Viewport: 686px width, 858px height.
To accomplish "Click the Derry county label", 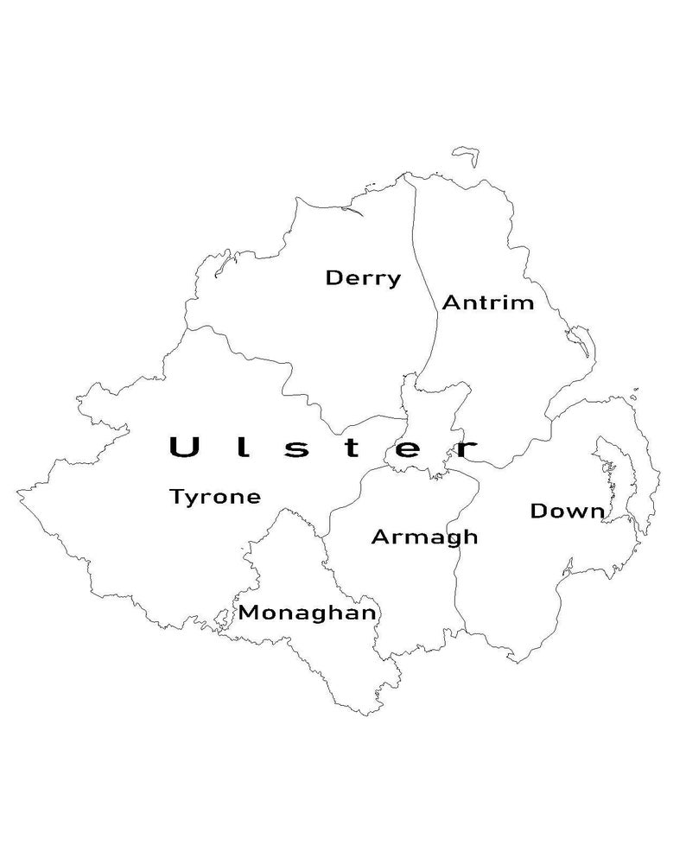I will click(x=363, y=278).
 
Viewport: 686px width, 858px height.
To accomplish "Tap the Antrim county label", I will click(x=488, y=302).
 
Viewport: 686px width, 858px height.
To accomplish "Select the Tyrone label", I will click(x=215, y=497).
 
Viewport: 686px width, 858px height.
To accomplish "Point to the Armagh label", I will click(x=424, y=537).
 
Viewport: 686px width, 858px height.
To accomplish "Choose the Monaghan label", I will click(x=308, y=613).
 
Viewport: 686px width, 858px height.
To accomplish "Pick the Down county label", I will click(x=567, y=511).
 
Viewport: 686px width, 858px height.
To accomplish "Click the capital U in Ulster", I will click(x=184, y=448).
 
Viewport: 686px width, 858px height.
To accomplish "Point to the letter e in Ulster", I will click(x=410, y=449).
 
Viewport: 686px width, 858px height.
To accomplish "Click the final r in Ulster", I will click(x=466, y=449).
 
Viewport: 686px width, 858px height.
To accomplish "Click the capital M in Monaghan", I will click(x=251, y=613).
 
